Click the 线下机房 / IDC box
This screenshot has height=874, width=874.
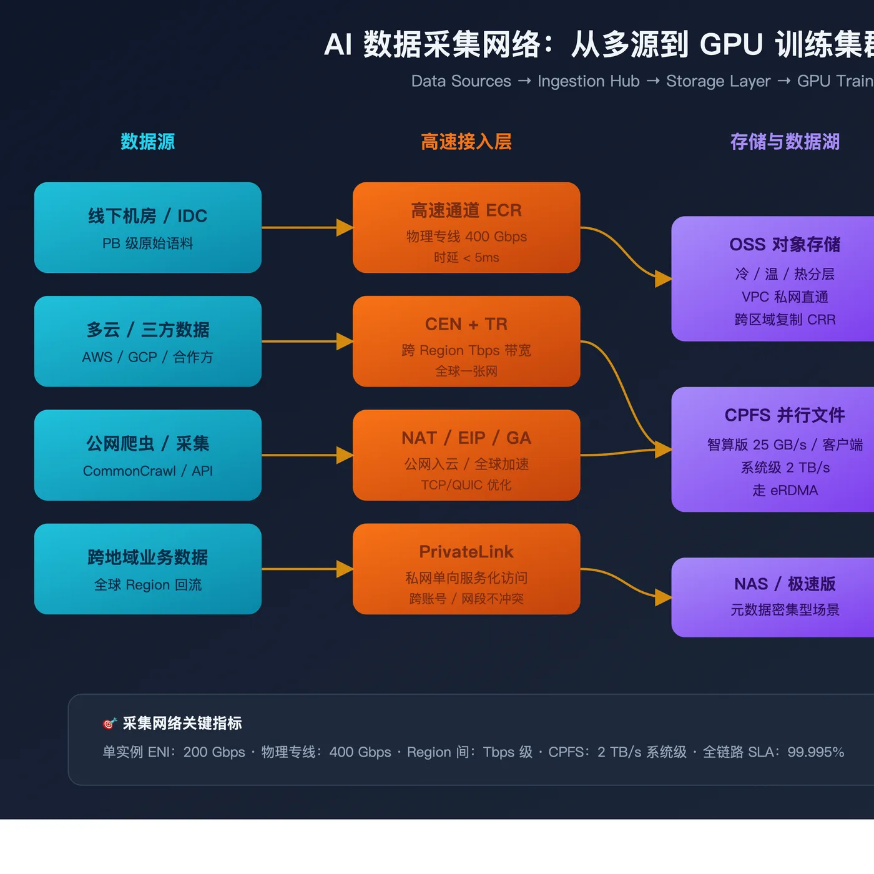pyautogui.click(x=148, y=227)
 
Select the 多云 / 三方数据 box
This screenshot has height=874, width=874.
pyautogui.click(x=148, y=341)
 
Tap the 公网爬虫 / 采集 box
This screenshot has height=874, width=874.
pyautogui.click(x=148, y=455)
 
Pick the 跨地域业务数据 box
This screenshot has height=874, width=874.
pyautogui.click(x=148, y=569)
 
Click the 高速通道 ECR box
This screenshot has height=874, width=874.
pyautogui.click(x=466, y=227)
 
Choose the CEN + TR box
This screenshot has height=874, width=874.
pyautogui.click(x=466, y=341)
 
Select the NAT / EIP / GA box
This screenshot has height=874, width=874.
pyautogui.click(x=466, y=455)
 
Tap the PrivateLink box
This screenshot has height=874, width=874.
pyautogui.click(x=466, y=569)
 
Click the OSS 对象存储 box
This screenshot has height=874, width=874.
pyautogui.click(x=773, y=278)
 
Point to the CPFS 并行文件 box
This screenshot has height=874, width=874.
pyautogui.click(x=773, y=449)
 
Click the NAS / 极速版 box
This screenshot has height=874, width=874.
pyautogui.click(x=773, y=597)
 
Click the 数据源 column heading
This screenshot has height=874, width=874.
pyautogui.click(x=148, y=142)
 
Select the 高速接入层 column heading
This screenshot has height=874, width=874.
pyautogui.click(x=466, y=142)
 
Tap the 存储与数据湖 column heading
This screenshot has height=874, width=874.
pyautogui.click(x=785, y=142)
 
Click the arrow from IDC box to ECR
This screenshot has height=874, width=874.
pyautogui.click(x=308, y=227)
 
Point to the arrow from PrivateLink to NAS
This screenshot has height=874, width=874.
pyautogui.click(x=626, y=583)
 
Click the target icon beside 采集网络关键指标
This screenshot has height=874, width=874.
pyautogui.click(x=109, y=723)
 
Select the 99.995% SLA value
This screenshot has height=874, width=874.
pyautogui.click(x=815, y=752)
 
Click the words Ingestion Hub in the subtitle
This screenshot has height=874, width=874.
pyautogui.click(x=588, y=81)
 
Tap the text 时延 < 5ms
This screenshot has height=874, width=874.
pyautogui.click(x=466, y=257)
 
